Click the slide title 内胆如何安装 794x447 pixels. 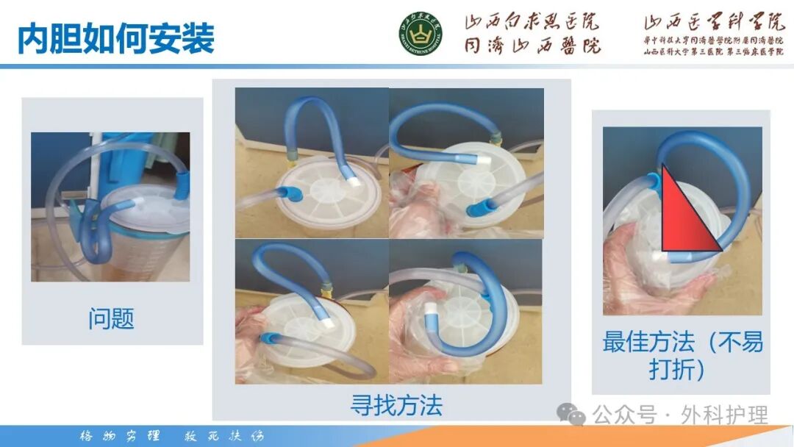tap(116, 38)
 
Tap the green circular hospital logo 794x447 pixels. tap(421, 35)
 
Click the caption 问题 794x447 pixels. tap(112, 319)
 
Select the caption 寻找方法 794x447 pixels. tap(396, 404)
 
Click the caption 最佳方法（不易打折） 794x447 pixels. tap(682, 354)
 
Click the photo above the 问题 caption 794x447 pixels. tap(110, 207)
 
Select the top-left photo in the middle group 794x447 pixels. tap(312, 162)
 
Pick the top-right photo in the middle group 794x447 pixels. tap(466, 162)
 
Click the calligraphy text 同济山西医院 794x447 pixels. tap(532, 46)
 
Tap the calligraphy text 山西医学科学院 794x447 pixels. tap(704, 23)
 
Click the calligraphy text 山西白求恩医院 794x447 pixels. tap(532, 22)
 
